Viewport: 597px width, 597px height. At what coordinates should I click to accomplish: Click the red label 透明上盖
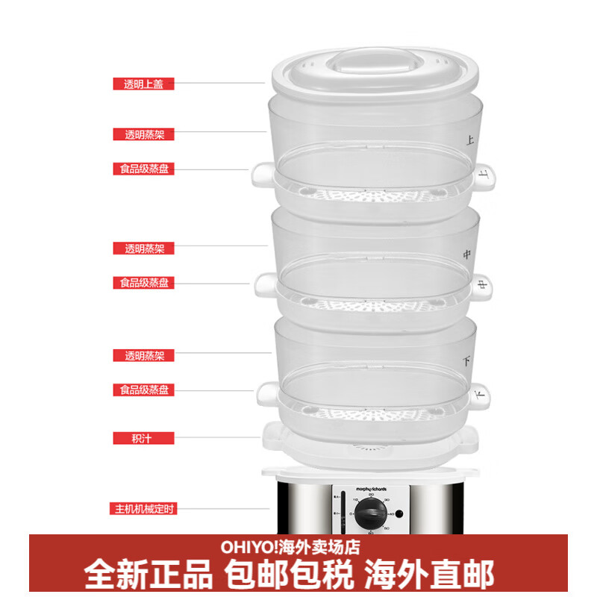pos(143,84)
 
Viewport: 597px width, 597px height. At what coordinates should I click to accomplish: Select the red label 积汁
pos(143,438)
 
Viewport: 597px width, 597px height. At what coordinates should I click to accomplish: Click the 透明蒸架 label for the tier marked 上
pos(143,135)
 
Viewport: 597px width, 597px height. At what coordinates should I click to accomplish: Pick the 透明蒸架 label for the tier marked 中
pos(143,249)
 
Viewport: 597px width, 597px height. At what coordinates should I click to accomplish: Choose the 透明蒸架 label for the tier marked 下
pos(143,356)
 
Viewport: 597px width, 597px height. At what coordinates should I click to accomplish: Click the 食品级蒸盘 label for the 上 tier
pos(143,169)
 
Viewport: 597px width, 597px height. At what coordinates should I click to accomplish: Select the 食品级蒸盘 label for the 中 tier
pos(143,284)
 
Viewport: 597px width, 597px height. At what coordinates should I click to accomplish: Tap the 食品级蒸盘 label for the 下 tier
pos(143,390)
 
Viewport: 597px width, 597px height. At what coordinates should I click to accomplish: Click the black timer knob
pos(370,514)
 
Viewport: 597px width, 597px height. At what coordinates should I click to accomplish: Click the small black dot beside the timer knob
pos(399,513)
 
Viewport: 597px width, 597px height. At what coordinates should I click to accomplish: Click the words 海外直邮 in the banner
pos(428,574)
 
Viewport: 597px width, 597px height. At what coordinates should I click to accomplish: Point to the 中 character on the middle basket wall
pos(468,254)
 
